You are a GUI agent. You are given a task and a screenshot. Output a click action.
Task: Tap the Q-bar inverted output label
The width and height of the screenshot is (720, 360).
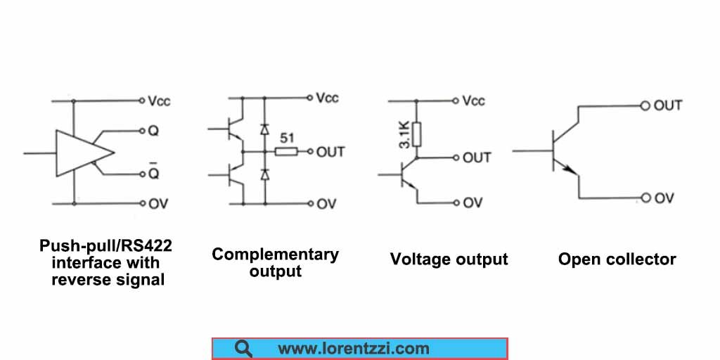pos(153,172)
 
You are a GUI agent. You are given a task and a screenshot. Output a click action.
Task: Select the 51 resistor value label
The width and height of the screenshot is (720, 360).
pos(286,137)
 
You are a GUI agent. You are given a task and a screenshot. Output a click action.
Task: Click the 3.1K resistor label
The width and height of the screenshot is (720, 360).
pos(404,134)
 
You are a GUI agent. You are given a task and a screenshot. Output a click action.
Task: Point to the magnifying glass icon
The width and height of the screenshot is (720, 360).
pos(244,348)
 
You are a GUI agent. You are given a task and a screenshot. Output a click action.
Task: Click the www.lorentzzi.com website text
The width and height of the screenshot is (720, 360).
pos(353,348)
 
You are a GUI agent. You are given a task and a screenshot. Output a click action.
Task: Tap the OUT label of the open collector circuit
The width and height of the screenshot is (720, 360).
pos(668,105)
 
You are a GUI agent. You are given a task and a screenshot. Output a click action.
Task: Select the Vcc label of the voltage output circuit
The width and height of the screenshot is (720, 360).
pos(474,101)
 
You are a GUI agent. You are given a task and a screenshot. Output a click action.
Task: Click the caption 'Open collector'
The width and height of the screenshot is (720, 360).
pos(617,259)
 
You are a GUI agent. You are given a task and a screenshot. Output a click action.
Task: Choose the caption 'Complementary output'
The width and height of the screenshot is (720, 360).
pos(275,262)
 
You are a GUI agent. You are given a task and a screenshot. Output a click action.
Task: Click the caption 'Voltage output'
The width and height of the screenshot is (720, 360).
pos(449,259)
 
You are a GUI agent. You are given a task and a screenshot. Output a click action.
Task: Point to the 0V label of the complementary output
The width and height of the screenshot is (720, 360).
pos(326,204)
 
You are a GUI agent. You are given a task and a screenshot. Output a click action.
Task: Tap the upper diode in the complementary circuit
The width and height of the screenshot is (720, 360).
pos(264,129)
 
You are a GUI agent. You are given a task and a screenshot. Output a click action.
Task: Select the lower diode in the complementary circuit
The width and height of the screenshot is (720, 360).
pos(264,173)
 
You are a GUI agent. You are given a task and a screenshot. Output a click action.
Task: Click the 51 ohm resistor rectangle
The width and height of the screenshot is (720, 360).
pos(285,151)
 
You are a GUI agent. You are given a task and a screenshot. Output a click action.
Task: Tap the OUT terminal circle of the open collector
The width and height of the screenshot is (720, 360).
pos(644,105)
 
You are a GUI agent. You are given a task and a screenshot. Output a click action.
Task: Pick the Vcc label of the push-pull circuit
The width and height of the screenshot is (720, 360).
pos(159,101)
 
